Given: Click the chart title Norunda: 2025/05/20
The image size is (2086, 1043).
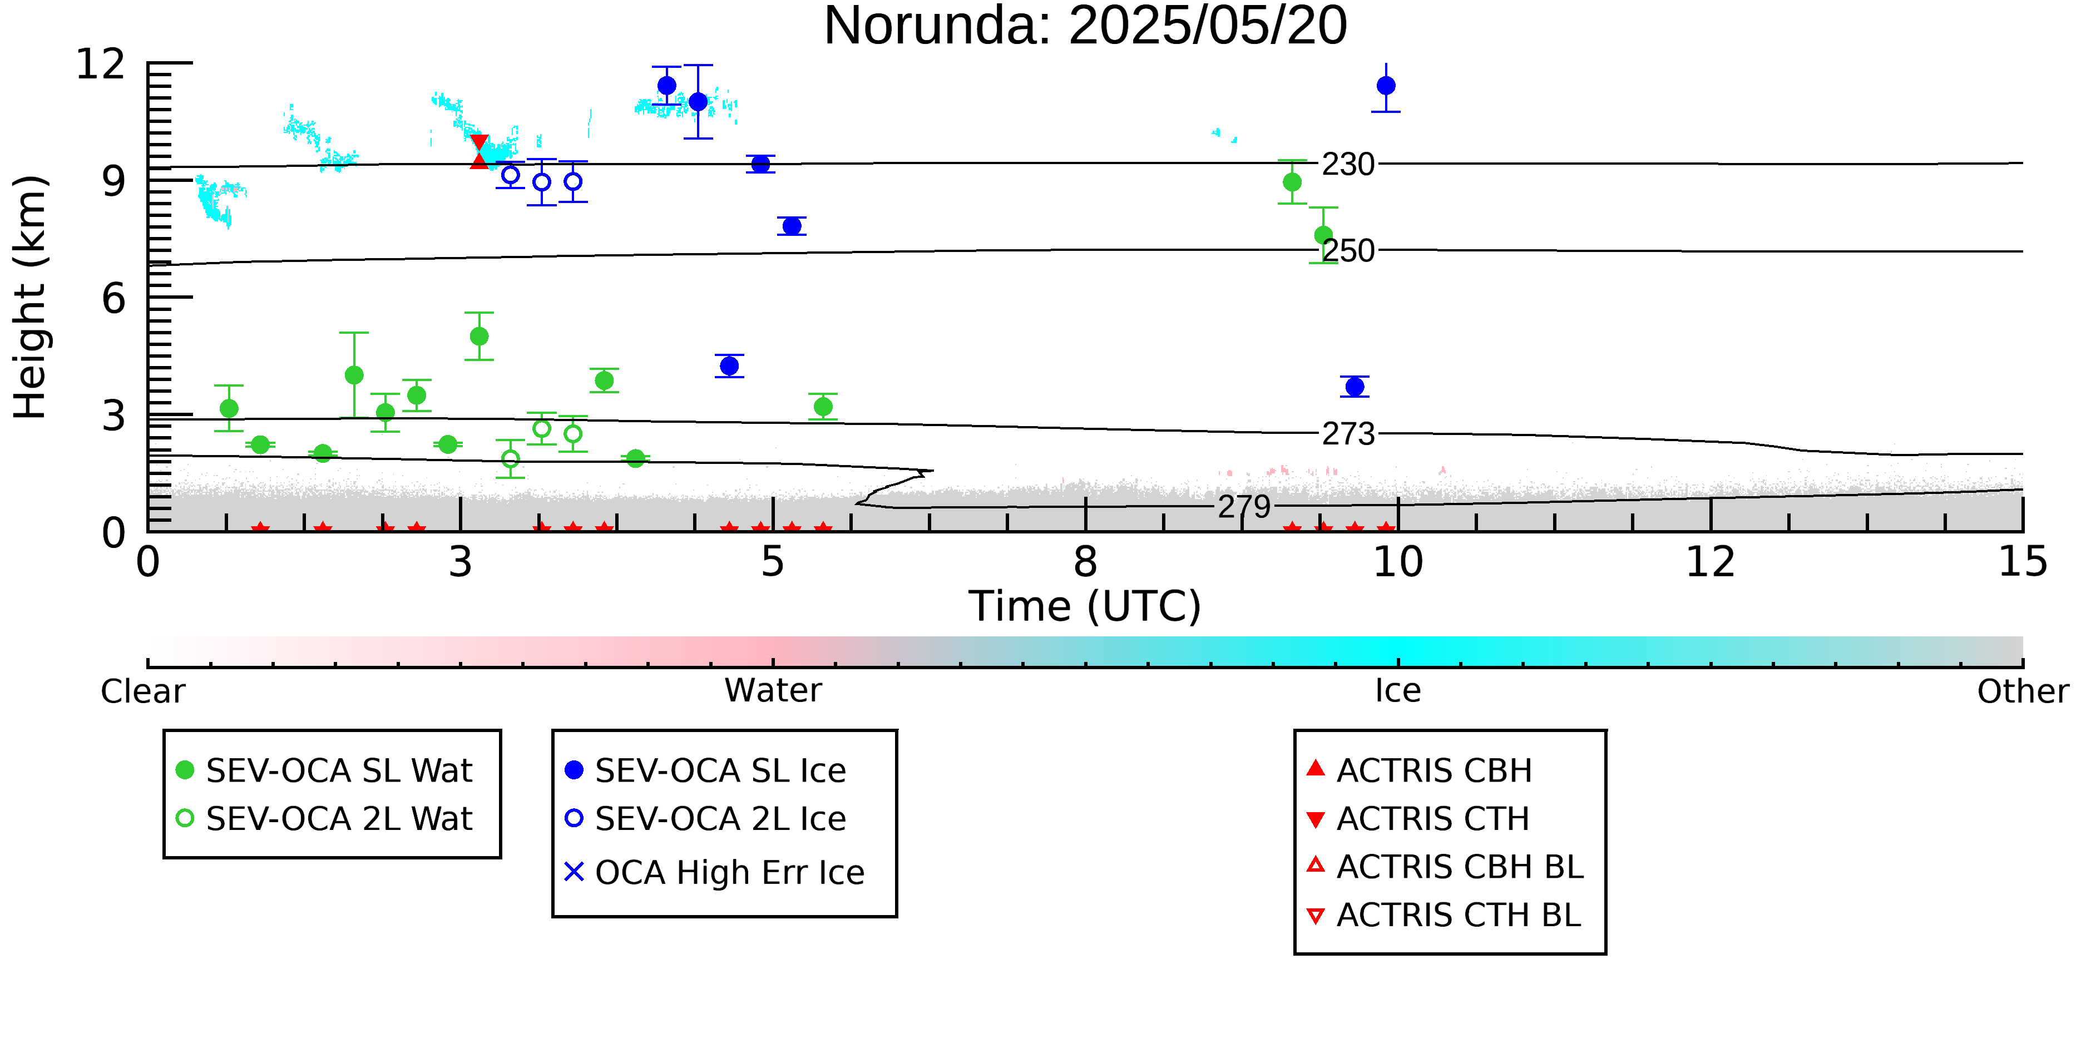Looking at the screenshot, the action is pos(1085,26).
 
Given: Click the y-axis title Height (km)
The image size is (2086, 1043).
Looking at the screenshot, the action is pos(31,297).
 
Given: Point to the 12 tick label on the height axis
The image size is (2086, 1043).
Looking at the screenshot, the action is pos(101,63).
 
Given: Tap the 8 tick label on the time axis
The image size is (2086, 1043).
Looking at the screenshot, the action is pos(1085,562).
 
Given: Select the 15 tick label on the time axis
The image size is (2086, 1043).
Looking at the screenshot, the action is pos(2023,562).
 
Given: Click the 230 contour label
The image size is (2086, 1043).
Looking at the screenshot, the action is pos(1348,165).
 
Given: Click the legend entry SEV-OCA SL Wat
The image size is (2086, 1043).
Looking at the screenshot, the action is pos(324,770).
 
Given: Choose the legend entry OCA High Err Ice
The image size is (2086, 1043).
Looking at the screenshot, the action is pos(714,872).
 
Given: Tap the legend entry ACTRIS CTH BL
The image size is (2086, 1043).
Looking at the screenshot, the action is pos(1444,915).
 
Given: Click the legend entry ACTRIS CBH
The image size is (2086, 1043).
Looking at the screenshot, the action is pos(1420,770).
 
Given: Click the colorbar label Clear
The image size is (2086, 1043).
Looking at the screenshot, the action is pos(142,691).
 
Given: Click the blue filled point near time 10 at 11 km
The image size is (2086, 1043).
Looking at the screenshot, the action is pos(1386,86).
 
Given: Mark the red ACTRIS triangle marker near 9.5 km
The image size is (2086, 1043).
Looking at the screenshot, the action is pos(480,160).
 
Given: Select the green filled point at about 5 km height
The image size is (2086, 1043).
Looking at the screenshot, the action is pos(480,336).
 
